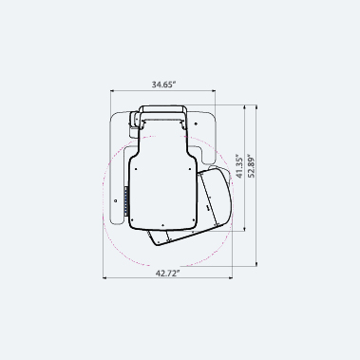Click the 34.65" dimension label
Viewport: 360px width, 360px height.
click(x=163, y=85)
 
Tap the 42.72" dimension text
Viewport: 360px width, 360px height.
click(x=167, y=273)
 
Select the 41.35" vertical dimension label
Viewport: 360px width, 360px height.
click(x=239, y=166)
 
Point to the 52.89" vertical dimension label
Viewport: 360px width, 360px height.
click(x=251, y=166)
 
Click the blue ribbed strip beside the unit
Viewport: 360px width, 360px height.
click(x=126, y=201)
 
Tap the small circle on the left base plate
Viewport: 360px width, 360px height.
click(x=116, y=200)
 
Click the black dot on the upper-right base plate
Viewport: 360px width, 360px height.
click(x=196, y=123)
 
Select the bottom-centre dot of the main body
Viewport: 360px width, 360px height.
click(x=162, y=225)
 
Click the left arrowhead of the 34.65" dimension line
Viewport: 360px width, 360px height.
click(x=112, y=91)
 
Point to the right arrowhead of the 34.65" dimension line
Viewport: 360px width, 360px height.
click(x=214, y=91)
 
